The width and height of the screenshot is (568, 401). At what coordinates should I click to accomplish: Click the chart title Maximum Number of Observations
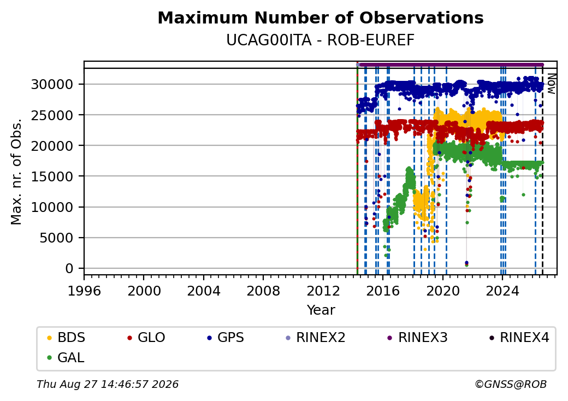321,17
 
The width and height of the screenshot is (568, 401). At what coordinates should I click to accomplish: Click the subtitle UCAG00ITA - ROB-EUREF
320,40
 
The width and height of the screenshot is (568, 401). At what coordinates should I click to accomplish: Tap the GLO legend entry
146,338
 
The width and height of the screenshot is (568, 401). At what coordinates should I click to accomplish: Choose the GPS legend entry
226,338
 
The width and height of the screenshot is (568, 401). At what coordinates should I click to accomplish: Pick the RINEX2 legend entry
316,338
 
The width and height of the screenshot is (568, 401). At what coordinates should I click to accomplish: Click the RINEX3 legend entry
418,338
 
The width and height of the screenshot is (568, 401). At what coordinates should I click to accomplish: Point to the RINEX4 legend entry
519,338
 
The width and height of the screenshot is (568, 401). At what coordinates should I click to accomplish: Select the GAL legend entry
66,357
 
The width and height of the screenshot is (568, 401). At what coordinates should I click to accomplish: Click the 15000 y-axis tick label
52,176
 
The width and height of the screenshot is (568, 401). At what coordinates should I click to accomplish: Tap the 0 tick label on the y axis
69,268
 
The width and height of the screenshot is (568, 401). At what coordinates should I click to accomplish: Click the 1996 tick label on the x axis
84,291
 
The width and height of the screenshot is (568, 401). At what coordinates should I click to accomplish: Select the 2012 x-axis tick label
323,291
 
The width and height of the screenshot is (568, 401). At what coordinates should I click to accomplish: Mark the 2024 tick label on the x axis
502,291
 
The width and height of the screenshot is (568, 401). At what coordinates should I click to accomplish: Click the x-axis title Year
321,310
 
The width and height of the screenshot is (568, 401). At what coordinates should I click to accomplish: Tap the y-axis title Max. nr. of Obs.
16,172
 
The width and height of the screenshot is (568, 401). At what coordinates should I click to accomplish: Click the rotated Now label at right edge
551,84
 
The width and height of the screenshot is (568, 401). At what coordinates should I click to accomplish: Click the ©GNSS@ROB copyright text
511,384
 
